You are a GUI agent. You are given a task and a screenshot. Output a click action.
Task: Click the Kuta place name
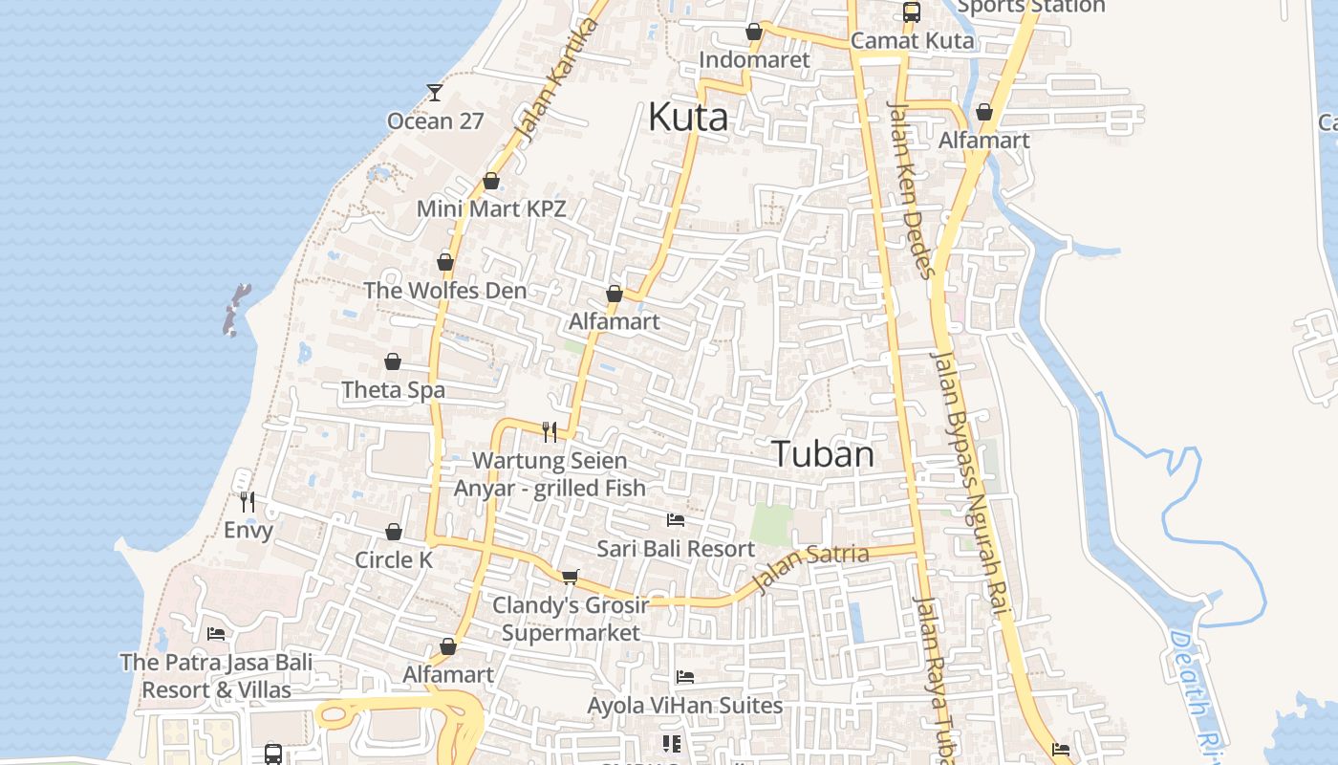point(687,118)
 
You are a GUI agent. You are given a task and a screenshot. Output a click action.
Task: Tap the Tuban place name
point(822,454)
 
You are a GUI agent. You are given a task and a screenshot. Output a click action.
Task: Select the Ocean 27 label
point(435,121)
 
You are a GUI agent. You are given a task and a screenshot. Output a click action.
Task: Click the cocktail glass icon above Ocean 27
point(435,92)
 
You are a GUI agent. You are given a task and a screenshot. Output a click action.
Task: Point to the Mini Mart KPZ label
point(491,208)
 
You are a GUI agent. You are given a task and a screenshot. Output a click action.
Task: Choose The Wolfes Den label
point(444,291)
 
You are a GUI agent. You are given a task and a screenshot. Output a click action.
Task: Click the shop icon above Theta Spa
point(393,361)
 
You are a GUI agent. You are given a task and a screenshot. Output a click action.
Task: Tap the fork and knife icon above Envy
point(248,501)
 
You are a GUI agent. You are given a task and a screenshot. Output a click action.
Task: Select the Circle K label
point(394,560)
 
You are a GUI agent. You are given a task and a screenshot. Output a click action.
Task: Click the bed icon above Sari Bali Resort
point(676,520)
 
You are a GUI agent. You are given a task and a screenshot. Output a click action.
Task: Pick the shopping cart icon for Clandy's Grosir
point(571,577)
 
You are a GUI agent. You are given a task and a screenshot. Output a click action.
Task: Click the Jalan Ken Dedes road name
point(911,188)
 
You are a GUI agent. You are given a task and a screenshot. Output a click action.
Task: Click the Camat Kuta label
point(912,41)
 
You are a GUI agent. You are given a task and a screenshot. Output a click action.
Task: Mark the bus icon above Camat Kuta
point(912,12)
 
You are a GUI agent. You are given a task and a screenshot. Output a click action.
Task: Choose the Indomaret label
point(754,60)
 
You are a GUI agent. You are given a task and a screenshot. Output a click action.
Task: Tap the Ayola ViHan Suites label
point(684,707)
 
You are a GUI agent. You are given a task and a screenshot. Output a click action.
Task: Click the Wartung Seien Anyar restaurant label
point(550,474)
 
